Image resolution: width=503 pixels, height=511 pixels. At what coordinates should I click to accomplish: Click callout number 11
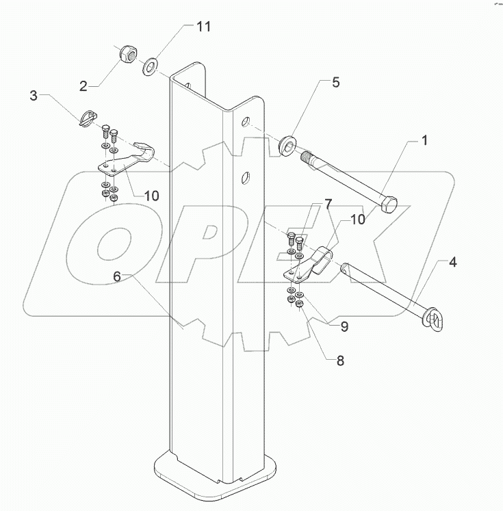[x=203, y=27]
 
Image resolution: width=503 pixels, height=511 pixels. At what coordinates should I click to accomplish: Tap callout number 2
[x=83, y=86]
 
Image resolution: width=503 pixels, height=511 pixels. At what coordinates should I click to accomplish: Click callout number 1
[x=424, y=142]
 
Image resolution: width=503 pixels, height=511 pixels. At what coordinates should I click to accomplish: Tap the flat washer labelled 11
[x=149, y=67]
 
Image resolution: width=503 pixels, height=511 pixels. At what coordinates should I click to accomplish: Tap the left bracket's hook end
[x=143, y=150]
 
